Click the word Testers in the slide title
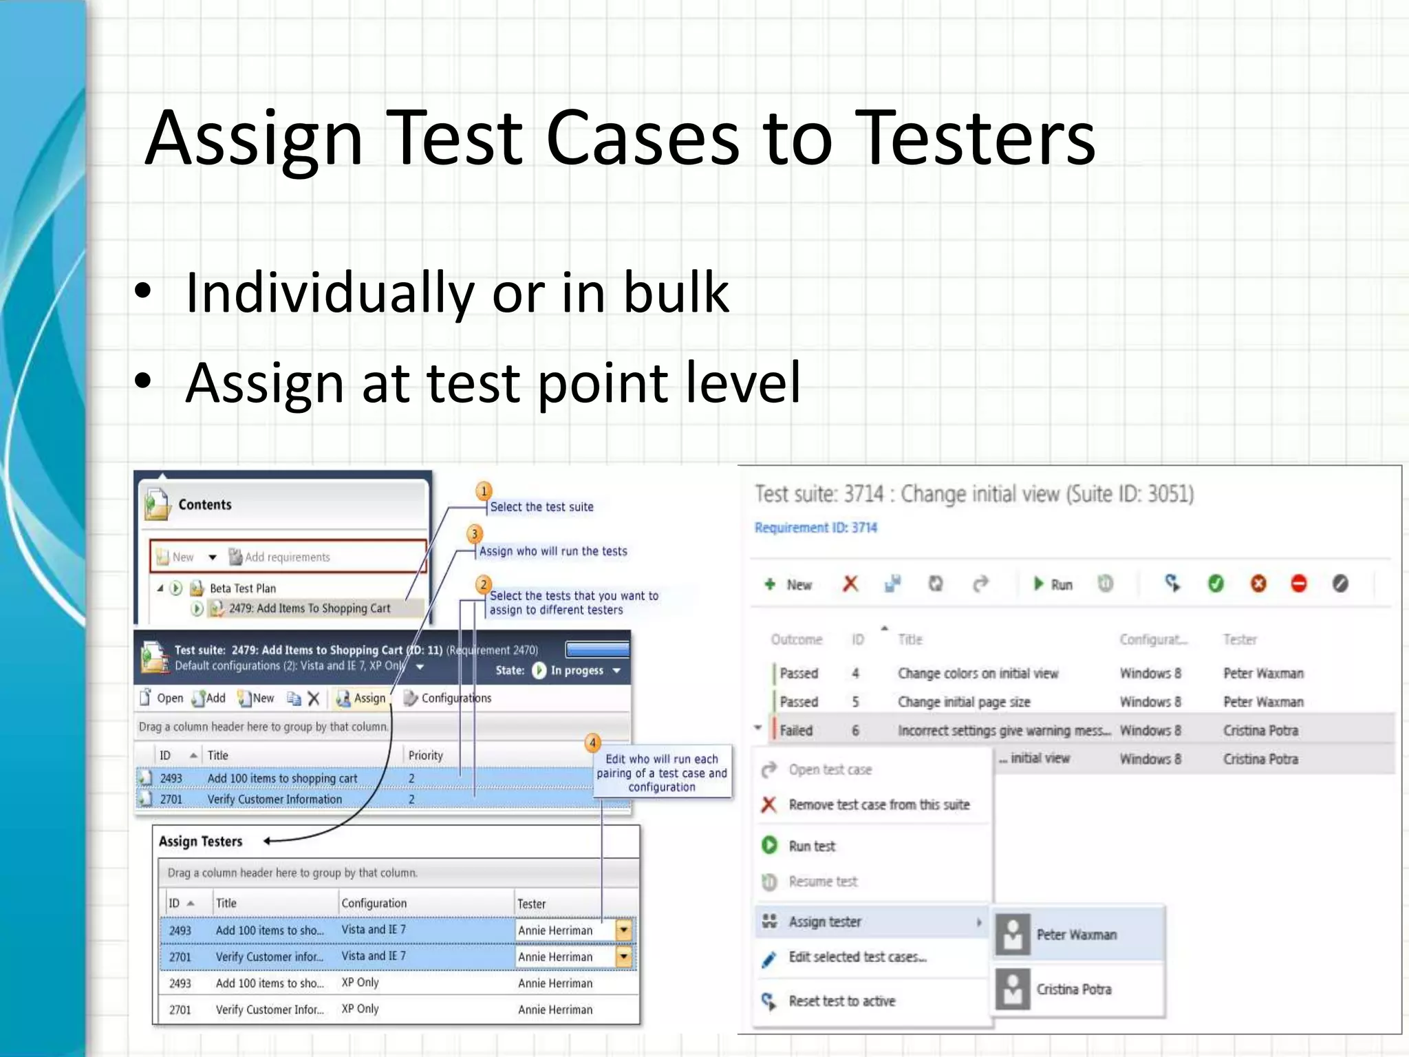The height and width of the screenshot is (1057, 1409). pyautogui.click(x=978, y=139)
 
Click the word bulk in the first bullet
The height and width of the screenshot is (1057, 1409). pyautogui.click(x=676, y=292)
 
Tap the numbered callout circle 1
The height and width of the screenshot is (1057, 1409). pyautogui.click(x=484, y=491)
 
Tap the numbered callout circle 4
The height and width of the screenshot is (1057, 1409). pyautogui.click(x=592, y=743)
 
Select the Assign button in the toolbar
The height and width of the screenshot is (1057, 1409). pyautogui.click(x=362, y=698)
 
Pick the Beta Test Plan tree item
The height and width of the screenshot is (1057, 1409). pyautogui.click(x=242, y=588)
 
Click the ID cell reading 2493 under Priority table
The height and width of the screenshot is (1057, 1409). pyautogui.click(x=171, y=778)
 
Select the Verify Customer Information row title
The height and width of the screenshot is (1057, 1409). pyautogui.click(x=275, y=800)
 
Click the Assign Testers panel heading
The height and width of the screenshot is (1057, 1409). pyautogui.click(x=201, y=842)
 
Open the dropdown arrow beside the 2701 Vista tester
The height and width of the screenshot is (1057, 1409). pyautogui.click(x=623, y=957)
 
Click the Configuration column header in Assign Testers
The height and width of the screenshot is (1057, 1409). pyautogui.click(x=374, y=904)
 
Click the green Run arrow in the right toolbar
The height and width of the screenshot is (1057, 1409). pyautogui.click(x=1040, y=584)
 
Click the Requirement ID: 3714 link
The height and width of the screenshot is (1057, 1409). pyautogui.click(x=816, y=528)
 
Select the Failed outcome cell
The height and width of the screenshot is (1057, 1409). pyautogui.click(x=796, y=731)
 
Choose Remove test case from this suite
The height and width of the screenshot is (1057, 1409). pyautogui.click(x=879, y=805)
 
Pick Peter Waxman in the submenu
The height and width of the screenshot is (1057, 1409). pyautogui.click(x=1076, y=935)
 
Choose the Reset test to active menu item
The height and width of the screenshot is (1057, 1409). pyautogui.click(x=841, y=1001)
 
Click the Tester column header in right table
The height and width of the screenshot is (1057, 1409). pyautogui.click(x=1240, y=640)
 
